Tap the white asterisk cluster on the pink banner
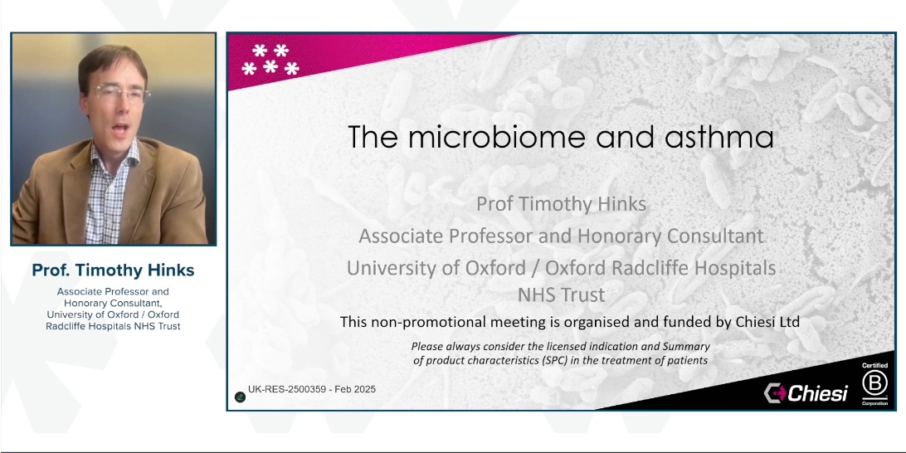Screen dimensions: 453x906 (x=270, y=60)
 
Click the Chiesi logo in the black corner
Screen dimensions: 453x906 (x=806, y=392)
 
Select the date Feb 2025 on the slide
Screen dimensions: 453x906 (x=355, y=389)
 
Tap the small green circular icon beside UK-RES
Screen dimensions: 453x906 (x=240, y=396)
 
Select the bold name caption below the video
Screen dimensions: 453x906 (x=113, y=270)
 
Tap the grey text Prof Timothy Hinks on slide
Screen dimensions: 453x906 (x=561, y=203)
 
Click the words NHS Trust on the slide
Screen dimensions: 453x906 (x=561, y=294)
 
